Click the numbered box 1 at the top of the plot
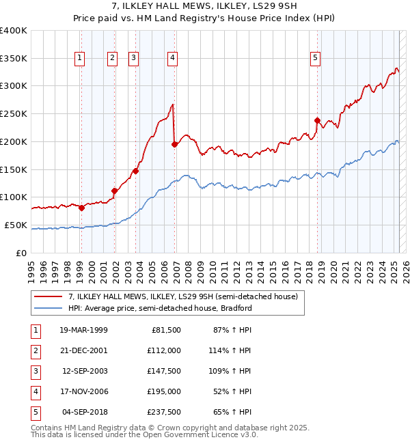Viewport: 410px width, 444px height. [81, 59]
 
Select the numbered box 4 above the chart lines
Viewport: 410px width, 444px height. [173, 59]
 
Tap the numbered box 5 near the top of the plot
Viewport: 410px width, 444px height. [315, 59]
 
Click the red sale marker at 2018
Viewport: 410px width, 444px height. [317, 121]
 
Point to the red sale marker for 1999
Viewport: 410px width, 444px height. [81, 208]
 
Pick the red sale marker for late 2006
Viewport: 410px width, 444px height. [174, 144]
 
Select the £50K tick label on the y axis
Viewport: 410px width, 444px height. [16, 225]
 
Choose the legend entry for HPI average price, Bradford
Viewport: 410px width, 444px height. [160, 308]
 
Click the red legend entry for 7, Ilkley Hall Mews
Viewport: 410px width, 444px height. [182, 297]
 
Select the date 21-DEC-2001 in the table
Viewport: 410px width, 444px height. [83, 350]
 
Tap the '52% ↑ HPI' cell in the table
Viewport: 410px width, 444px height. [232, 391]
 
